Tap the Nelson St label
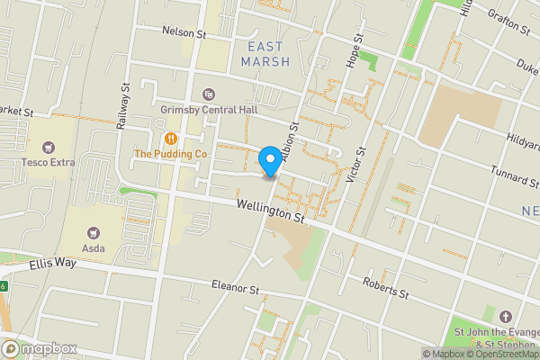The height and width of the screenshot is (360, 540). point(184,32)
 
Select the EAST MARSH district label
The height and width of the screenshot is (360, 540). point(265,53)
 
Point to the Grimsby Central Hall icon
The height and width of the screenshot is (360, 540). point(209,94)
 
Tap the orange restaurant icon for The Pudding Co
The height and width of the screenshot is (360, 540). point(170,139)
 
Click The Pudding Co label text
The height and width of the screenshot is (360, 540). point(171,154)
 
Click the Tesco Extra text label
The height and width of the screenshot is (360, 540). point(49,163)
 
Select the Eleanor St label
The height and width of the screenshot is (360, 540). point(235,290)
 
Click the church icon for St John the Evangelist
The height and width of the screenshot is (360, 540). point(505,317)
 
